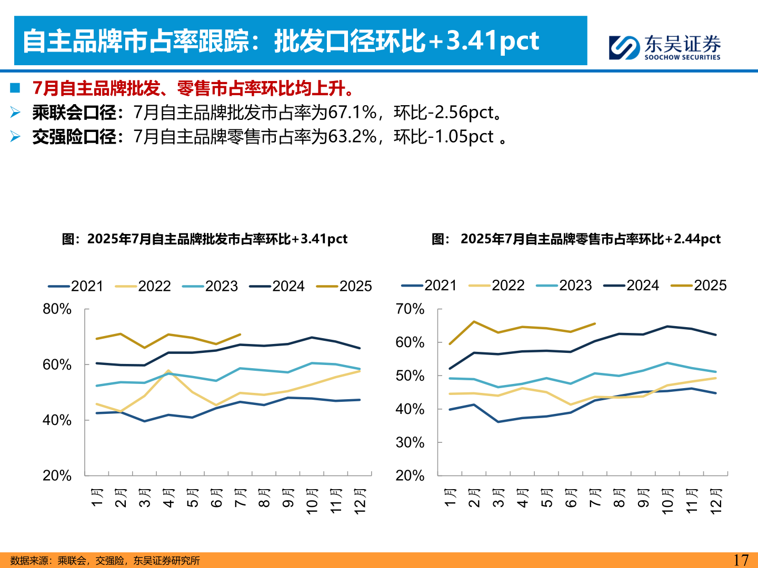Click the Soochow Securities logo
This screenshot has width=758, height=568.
[665, 47]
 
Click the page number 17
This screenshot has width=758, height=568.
[741, 560]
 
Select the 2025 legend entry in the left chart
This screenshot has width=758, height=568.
[344, 286]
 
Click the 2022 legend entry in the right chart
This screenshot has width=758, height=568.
[496, 286]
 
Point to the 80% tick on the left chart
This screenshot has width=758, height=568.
[57, 309]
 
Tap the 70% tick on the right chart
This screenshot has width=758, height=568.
[410, 309]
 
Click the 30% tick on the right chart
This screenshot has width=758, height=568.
[410, 442]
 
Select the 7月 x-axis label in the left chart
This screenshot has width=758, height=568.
[241, 498]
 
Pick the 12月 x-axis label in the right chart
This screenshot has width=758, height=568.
[716, 501]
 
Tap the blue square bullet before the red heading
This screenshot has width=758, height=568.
[15, 88]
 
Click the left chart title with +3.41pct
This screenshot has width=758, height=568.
[205, 239]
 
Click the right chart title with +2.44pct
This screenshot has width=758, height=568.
[576, 239]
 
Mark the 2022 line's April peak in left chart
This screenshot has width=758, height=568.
[168, 371]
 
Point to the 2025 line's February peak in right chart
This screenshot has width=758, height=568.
[474, 321]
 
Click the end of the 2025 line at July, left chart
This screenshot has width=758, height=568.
[240, 334]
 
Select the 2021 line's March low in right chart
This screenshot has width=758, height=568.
[498, 422]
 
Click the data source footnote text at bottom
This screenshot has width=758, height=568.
[105, 561]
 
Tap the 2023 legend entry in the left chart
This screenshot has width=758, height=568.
[210, 286]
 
